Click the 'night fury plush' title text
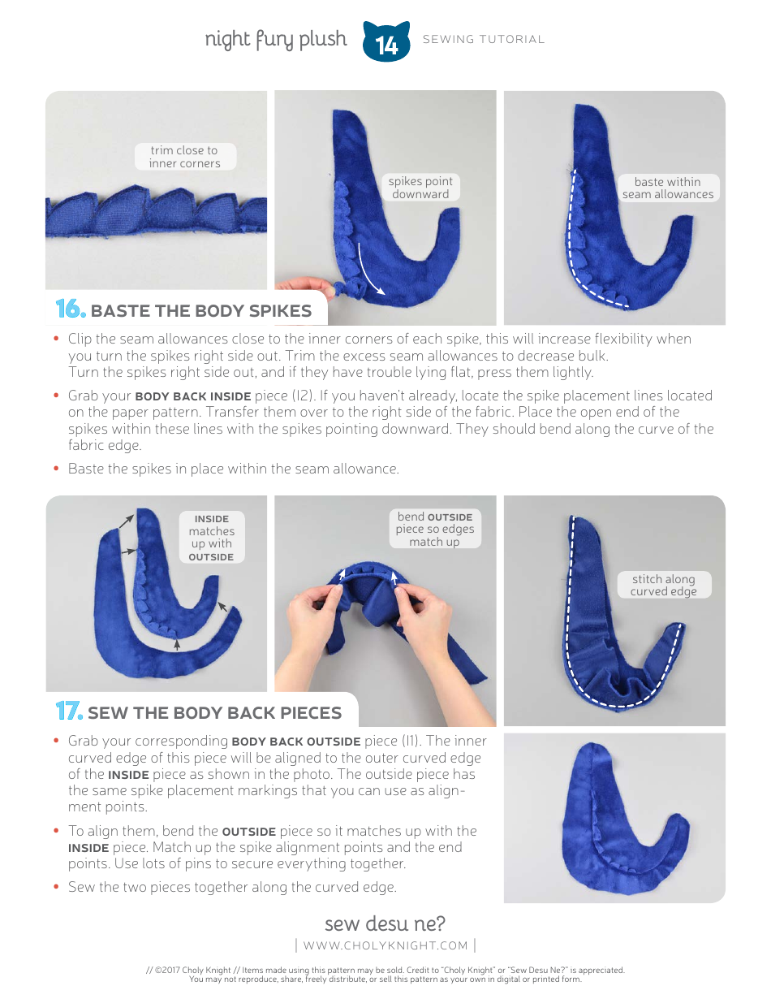[x=275, y=39]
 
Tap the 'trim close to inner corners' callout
[x=184, y=157]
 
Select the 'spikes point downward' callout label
[x=420, y=188]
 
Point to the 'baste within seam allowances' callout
[x=667, y=188]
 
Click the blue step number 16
[x=70, y=309]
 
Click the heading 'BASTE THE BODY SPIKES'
[x=200, y=311]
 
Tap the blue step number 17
[x=69, y=711]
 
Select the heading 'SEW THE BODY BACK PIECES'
[x=214, y=713]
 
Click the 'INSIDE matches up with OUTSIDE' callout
[x=211, y=538]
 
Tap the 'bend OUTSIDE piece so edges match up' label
[x=434, y=529]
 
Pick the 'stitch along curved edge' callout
[x=663, y=585]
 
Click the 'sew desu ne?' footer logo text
[x=385, y=923]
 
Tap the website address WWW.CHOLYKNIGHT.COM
[x=385, y=945]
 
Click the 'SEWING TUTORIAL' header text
[x=484, y=39]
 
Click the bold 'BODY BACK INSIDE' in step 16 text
[x=187, y=396]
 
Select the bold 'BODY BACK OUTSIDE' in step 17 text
[x=296, y=742]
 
